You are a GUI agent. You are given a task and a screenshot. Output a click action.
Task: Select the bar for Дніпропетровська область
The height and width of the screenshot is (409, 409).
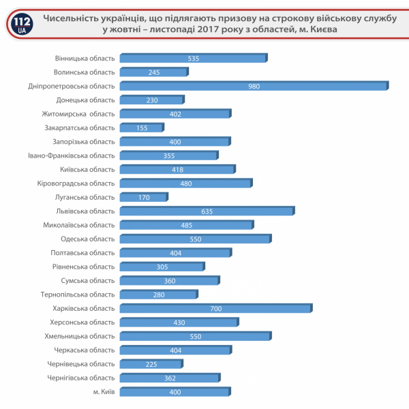click(254, 86)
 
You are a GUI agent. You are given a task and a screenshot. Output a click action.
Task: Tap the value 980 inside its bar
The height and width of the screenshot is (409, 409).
click(254, 86)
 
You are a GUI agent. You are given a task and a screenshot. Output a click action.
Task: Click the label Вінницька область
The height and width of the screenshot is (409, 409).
click(85, 58)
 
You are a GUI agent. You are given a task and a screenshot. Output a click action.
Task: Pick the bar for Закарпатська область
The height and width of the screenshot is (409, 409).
click(141, 127)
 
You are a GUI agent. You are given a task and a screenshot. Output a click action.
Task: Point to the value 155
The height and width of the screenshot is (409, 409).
click(142, 127)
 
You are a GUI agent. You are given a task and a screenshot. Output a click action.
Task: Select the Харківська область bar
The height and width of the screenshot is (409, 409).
click(215, 309)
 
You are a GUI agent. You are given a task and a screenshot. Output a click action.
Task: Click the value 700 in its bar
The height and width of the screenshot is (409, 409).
click(216, 309)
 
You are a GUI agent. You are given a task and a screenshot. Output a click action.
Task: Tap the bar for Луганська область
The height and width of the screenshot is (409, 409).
click(143, 198)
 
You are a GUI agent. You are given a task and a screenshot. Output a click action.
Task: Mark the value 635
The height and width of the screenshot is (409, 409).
click(207, 211)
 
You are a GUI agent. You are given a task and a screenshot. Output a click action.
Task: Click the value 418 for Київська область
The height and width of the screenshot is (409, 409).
click(177, 170)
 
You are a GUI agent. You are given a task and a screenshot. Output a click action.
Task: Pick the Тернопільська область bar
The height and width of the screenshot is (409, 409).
click(158, 294)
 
